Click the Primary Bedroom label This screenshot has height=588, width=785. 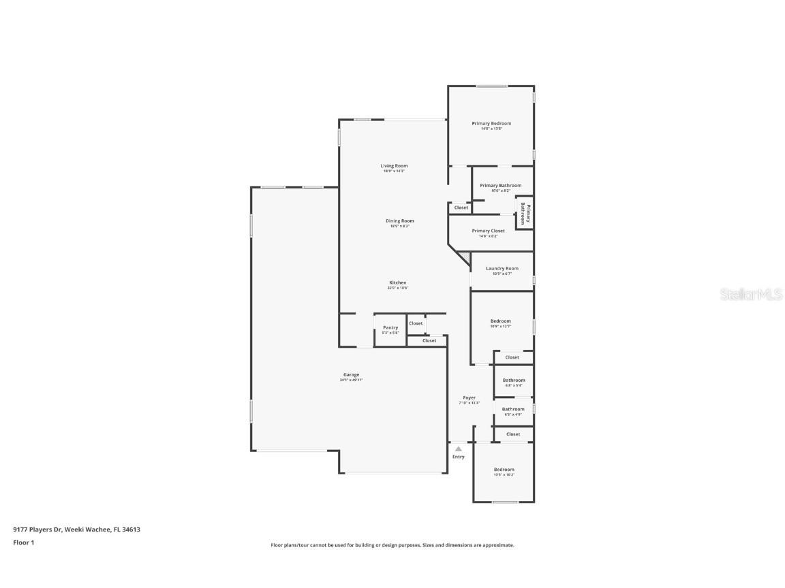pyautogui.click(x=491, y=123)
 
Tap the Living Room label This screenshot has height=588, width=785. pyautogui.click(x=394, y=166)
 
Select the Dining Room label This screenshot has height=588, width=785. pyautogui.click(x=399, y=220)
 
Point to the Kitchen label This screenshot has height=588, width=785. pyautogui.click(x=398, y=282)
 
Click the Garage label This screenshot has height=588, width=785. pyautogui.click(x=351, y=374)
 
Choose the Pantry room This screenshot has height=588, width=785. pyautogui.click(x=390, y=329)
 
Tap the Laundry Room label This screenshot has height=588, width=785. pyautogui.click(x=502, y=268)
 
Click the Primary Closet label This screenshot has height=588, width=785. pyautogui.click(x=488, y=231)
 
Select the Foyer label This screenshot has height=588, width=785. pyautogui.click(x=469, y=397)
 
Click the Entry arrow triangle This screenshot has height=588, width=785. pyautogui.click(x=459, y=448)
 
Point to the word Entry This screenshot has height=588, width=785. pyautogui.click(x=459, y=457)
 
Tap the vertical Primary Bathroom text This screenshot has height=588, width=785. pyautogui.click(x=524, y=214)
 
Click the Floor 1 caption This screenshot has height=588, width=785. pyautogui.click(x=23, y=542)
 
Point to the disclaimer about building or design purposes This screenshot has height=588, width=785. pyautogui.click(x=392, y=545)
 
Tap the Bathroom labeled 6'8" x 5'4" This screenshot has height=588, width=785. pyautogui.click(x=514, y=382)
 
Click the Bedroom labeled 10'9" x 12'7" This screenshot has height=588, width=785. pyautogui.click(x=500, y=323)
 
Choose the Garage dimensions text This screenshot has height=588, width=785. pyautogui.click(x=351, y=380)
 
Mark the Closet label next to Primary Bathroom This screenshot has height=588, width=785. pyautogui.click(x=461, y=208)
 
